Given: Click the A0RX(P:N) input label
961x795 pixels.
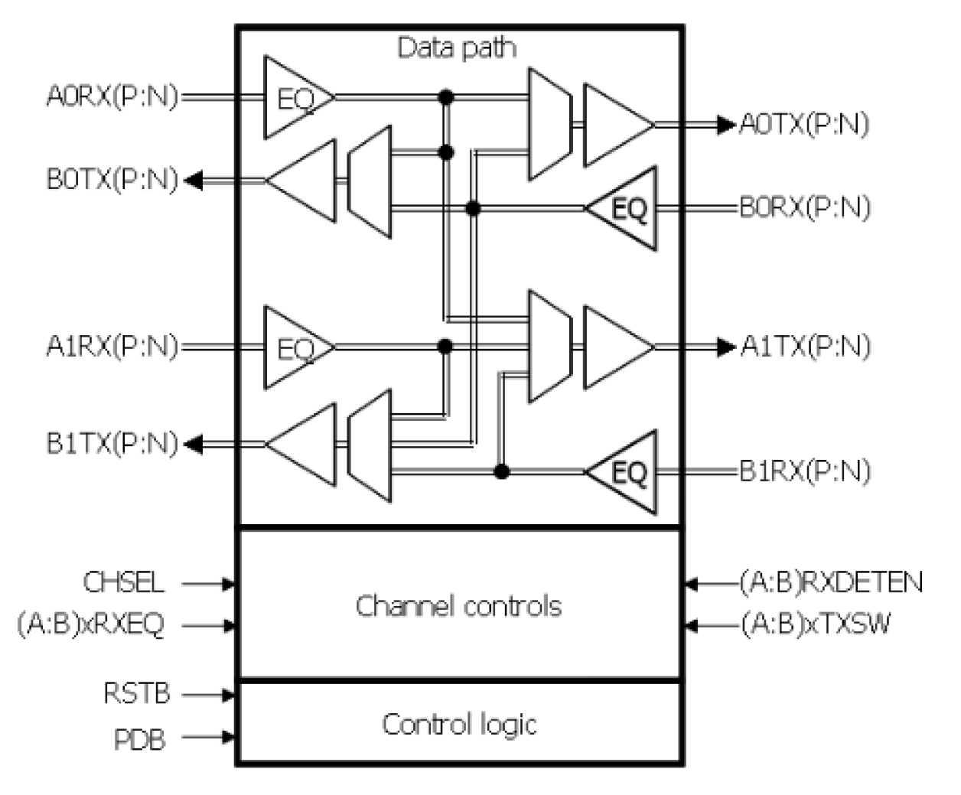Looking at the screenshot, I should [x=112, y=97].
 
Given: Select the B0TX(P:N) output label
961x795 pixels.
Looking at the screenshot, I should [x=112, y=181].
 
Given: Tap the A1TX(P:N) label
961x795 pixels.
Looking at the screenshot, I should [x=805, y=347].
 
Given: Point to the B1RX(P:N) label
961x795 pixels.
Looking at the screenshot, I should [x=805, y=471].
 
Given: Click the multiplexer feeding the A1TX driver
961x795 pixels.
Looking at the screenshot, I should [x=549, y=347].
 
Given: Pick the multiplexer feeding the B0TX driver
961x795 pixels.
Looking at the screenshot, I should [x=370, y=181].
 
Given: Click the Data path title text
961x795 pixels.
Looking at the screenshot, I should [x=457, y=47].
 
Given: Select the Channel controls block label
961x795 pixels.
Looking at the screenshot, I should [x=458, y=606].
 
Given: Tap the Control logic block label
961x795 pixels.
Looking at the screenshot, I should [x=459, y=724].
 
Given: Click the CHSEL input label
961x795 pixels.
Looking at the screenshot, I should [x=123, y=583].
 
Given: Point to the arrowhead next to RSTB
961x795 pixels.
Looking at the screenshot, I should [x=228, y=696].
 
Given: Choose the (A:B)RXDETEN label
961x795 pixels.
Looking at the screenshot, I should [x=831, y=583].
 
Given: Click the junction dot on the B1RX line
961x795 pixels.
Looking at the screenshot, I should [x=501, y=471].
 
